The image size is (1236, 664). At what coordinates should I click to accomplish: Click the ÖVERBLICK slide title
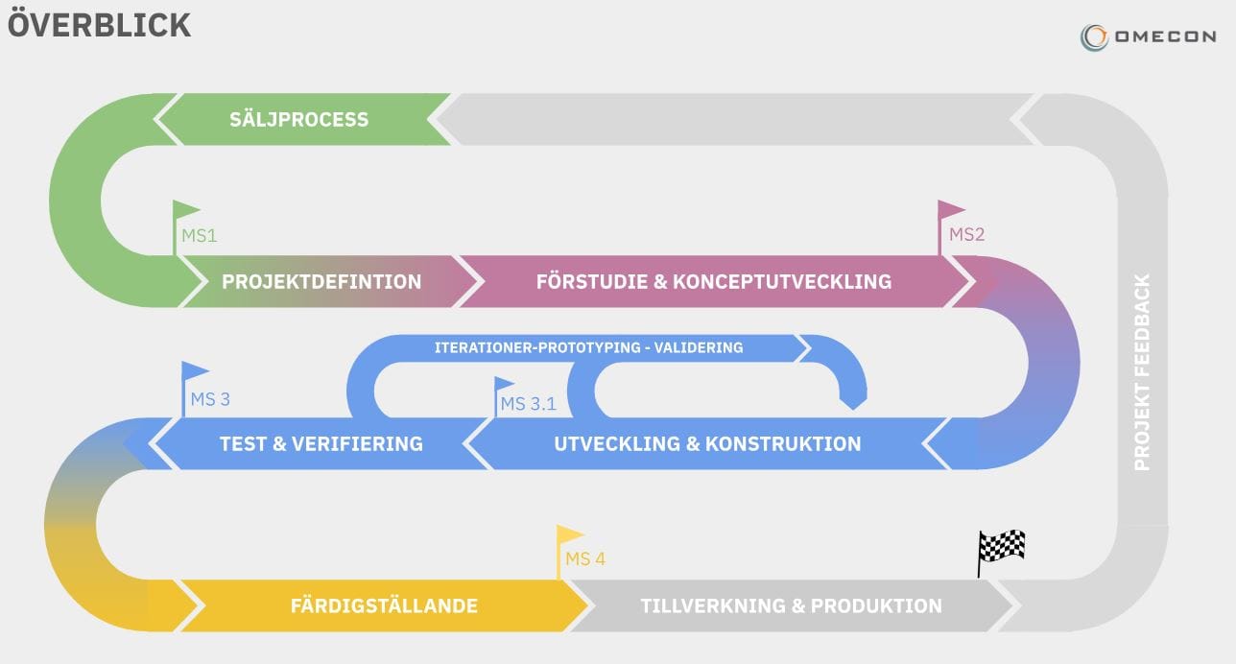(99, 25)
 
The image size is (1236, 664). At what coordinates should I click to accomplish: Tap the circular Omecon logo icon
(1094, 37)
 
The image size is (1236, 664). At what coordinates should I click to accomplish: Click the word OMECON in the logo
(1164, 37)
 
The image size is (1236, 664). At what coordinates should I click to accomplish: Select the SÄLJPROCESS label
(298, 120)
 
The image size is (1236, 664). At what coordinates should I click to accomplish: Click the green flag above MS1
(186, 210)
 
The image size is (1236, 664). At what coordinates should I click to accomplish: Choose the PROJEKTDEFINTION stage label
(321, 282)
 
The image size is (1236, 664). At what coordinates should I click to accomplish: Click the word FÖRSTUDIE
(591, 282)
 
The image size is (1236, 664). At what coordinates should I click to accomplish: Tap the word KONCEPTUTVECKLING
(782, 282)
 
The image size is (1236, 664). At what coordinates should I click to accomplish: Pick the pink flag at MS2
(951, 210)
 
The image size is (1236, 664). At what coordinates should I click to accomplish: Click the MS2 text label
(966, 235)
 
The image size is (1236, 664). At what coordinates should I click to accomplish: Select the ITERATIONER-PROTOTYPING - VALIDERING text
(588, 347)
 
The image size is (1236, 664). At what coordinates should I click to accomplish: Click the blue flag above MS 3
(196, 371)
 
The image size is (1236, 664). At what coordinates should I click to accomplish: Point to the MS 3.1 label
(528, 404)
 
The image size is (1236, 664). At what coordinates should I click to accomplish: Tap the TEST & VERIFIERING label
(321, 444)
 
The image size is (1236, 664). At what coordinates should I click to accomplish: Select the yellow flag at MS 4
(570, 534)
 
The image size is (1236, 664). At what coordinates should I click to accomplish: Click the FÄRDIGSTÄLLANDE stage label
(384, 606)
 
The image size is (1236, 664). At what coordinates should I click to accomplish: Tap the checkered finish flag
(1002, 547)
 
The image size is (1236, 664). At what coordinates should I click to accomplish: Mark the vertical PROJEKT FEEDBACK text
(1142, 372)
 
